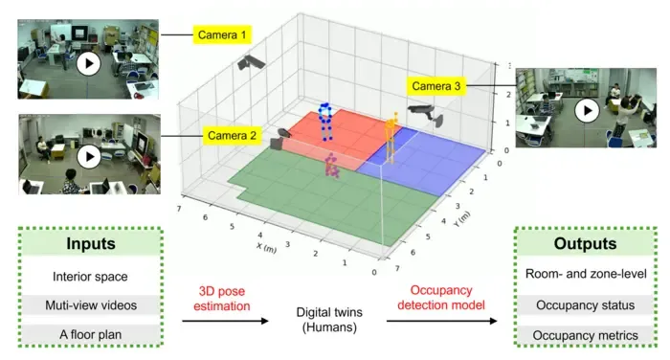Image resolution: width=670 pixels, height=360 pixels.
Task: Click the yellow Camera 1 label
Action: coord(222,34)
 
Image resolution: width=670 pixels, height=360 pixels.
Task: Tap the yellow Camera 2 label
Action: coord(232,136)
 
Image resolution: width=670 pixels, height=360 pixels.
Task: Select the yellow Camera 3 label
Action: coord(435,86)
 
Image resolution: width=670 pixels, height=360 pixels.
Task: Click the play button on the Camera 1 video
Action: coord(88,64)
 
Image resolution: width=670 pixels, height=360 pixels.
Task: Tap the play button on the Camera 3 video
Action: coord(587,110)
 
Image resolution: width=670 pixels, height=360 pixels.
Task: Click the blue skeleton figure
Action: coord(325,122)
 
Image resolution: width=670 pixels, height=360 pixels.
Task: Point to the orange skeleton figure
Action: coord(391,138)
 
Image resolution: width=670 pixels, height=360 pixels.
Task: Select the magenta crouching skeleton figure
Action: coord(332,167)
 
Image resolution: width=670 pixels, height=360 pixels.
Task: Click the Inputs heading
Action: coord(91,243)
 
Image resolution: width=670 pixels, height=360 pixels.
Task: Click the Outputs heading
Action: coord(585,243)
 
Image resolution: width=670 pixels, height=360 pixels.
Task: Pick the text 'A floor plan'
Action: coord(91,334)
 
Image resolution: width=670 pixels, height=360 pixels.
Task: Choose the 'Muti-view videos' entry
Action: coord(91,305)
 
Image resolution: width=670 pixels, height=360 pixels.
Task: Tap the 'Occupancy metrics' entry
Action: coord(586,335)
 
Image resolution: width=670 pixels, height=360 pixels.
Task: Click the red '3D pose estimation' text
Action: coord(222,299)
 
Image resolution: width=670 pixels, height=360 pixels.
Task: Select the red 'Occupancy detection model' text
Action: coord(441,298)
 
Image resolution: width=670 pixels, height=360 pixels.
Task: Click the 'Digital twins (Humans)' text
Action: coord(329,320)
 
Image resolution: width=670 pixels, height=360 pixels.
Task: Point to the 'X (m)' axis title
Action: coord(267,248)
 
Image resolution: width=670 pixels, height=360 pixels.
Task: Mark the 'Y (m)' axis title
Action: coord(462,219)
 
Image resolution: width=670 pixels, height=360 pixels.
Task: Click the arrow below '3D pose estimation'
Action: coord(225,321)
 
